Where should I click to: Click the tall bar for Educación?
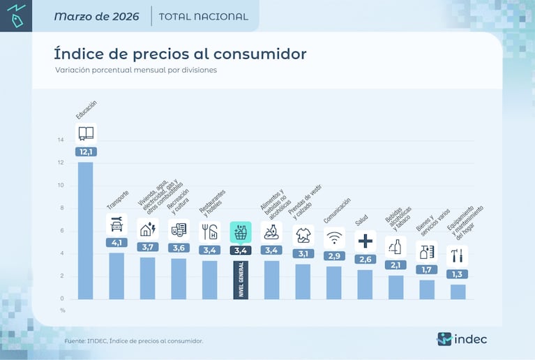click(85, 230)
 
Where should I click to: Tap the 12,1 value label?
click(86, 151)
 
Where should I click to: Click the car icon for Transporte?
click(116, 225)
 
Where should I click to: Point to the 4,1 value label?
click(116, 243)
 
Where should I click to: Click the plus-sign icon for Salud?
click(365, 241)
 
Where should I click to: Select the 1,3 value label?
click(458, 274)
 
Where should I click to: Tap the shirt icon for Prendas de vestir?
click(303, 234)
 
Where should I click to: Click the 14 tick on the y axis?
click(61, 140)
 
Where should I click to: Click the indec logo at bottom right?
click(462, 340)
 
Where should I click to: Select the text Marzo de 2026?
click(96, 16)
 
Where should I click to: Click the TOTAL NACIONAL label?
click(203, 17)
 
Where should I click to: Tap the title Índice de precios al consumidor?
click(180, 54)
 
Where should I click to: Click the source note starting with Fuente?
click(134, 340)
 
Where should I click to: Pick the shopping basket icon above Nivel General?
click(240, 232)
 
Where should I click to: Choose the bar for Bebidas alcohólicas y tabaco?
click(395, 287)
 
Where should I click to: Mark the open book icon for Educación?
click(86, 133)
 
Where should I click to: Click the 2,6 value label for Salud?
click(365, 260)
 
